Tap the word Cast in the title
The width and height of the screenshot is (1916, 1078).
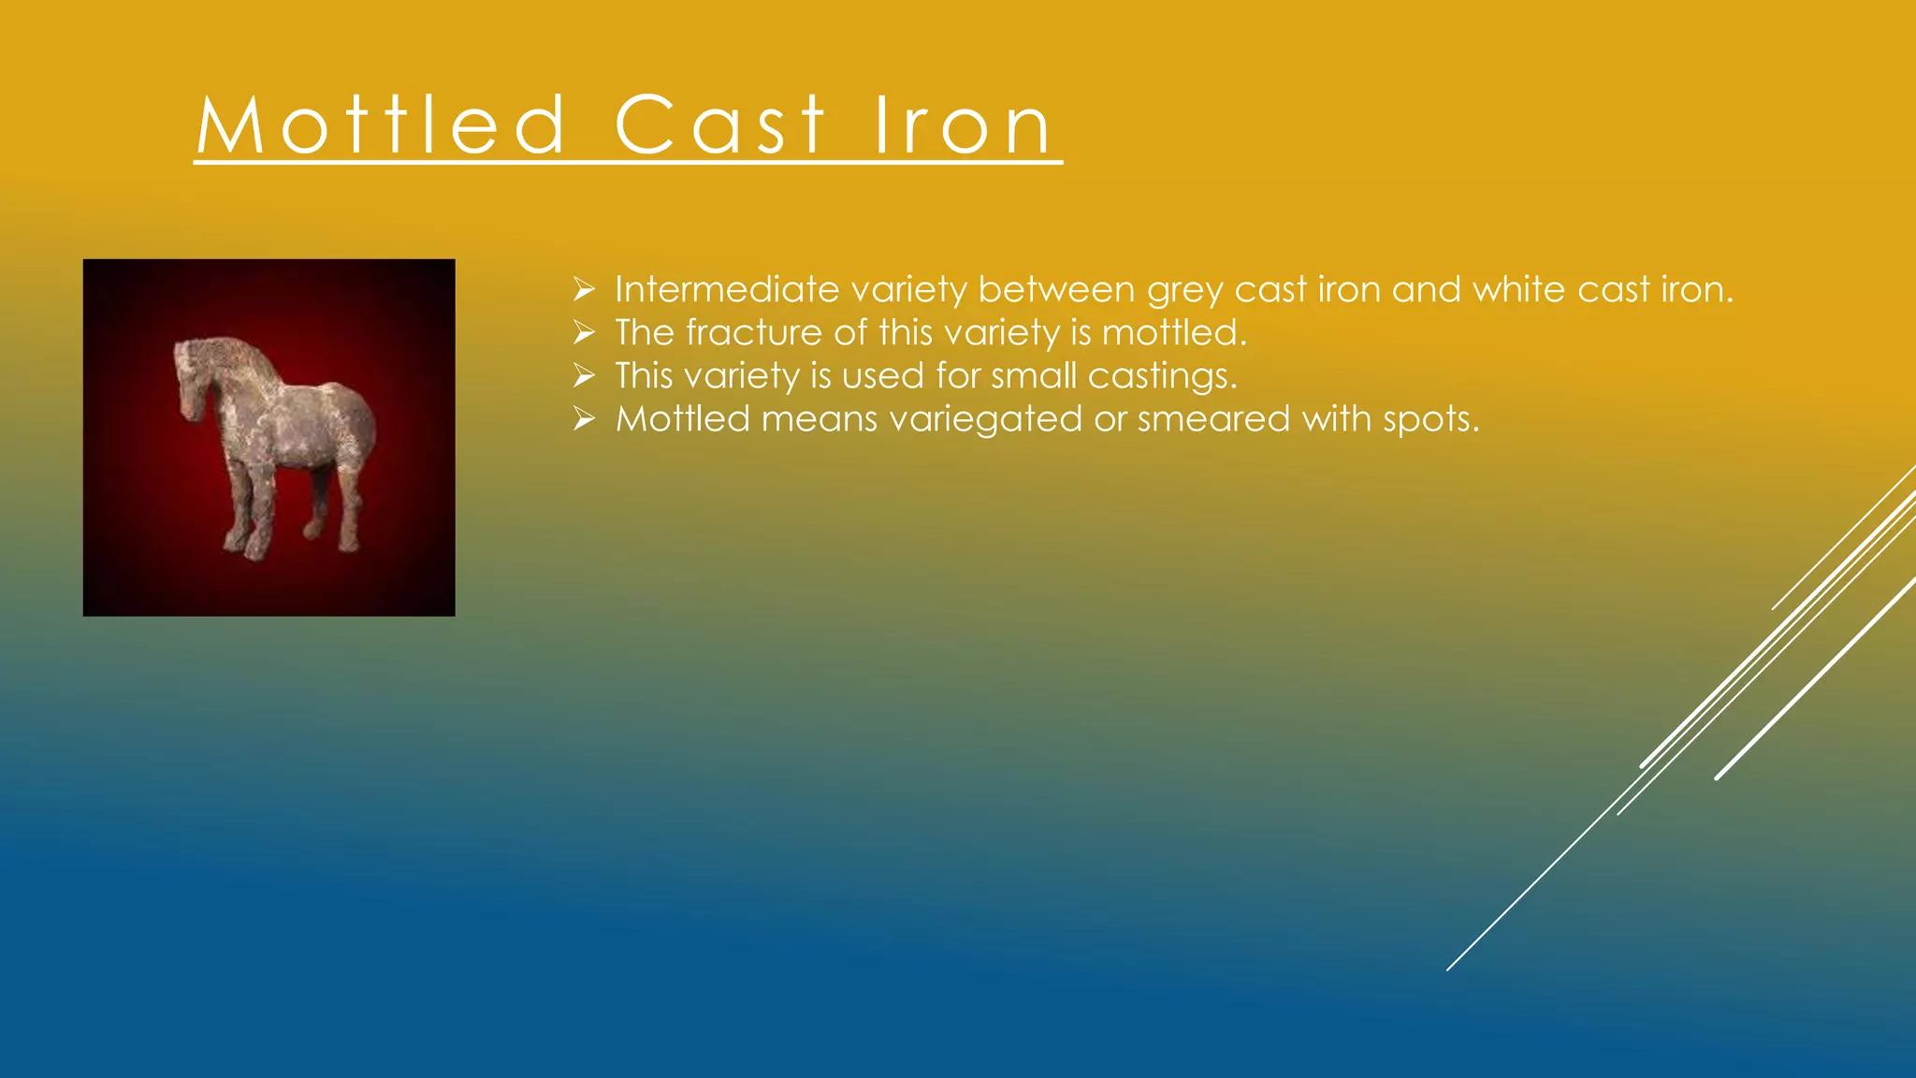point(720,125)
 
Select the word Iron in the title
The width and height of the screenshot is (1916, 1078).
point(964,125)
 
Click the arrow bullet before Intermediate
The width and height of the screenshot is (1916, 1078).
point(585,290)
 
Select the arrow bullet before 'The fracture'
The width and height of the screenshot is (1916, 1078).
point(585,333)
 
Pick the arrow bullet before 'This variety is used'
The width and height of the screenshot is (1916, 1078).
point(585,376)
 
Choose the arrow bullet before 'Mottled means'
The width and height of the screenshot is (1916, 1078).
point(585,419)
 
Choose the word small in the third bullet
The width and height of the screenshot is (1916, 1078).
point(1034,376)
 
